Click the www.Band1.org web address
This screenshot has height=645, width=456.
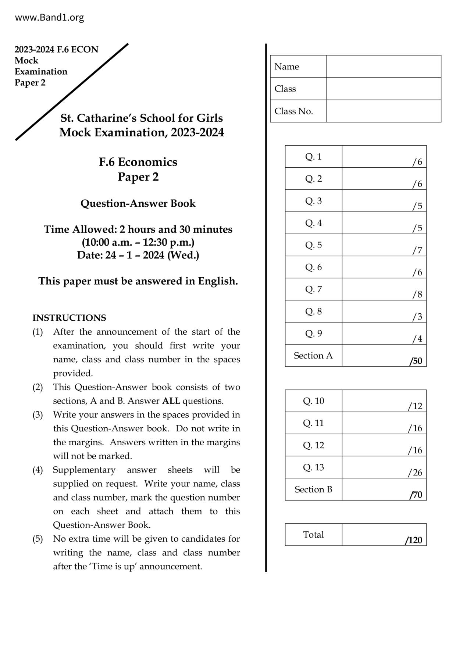point(49,17)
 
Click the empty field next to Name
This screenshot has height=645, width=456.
point(384,67)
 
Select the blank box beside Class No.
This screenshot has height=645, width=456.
point(384,111)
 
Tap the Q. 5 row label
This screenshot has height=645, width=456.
point(313,245)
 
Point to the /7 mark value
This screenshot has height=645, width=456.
point(417,250)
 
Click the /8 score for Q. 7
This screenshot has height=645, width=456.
point(417,295)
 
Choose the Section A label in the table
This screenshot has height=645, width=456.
point(313,356)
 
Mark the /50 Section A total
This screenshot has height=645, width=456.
point(416,361)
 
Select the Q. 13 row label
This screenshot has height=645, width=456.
point(313,467)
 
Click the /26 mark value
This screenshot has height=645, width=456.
point(415,473)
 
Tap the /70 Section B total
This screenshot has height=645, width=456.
point(416,495)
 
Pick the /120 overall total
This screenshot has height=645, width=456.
point(414,540)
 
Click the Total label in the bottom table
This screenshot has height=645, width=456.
point(313,535)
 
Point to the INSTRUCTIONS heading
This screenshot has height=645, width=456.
point(69,318)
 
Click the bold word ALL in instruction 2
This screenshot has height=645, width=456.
point(171,401)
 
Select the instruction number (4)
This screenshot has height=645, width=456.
point(38,470)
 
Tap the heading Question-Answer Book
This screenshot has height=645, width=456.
point(138,203)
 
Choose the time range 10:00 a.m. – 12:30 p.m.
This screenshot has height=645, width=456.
point(138,242)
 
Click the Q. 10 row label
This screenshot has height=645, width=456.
point(313,401)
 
